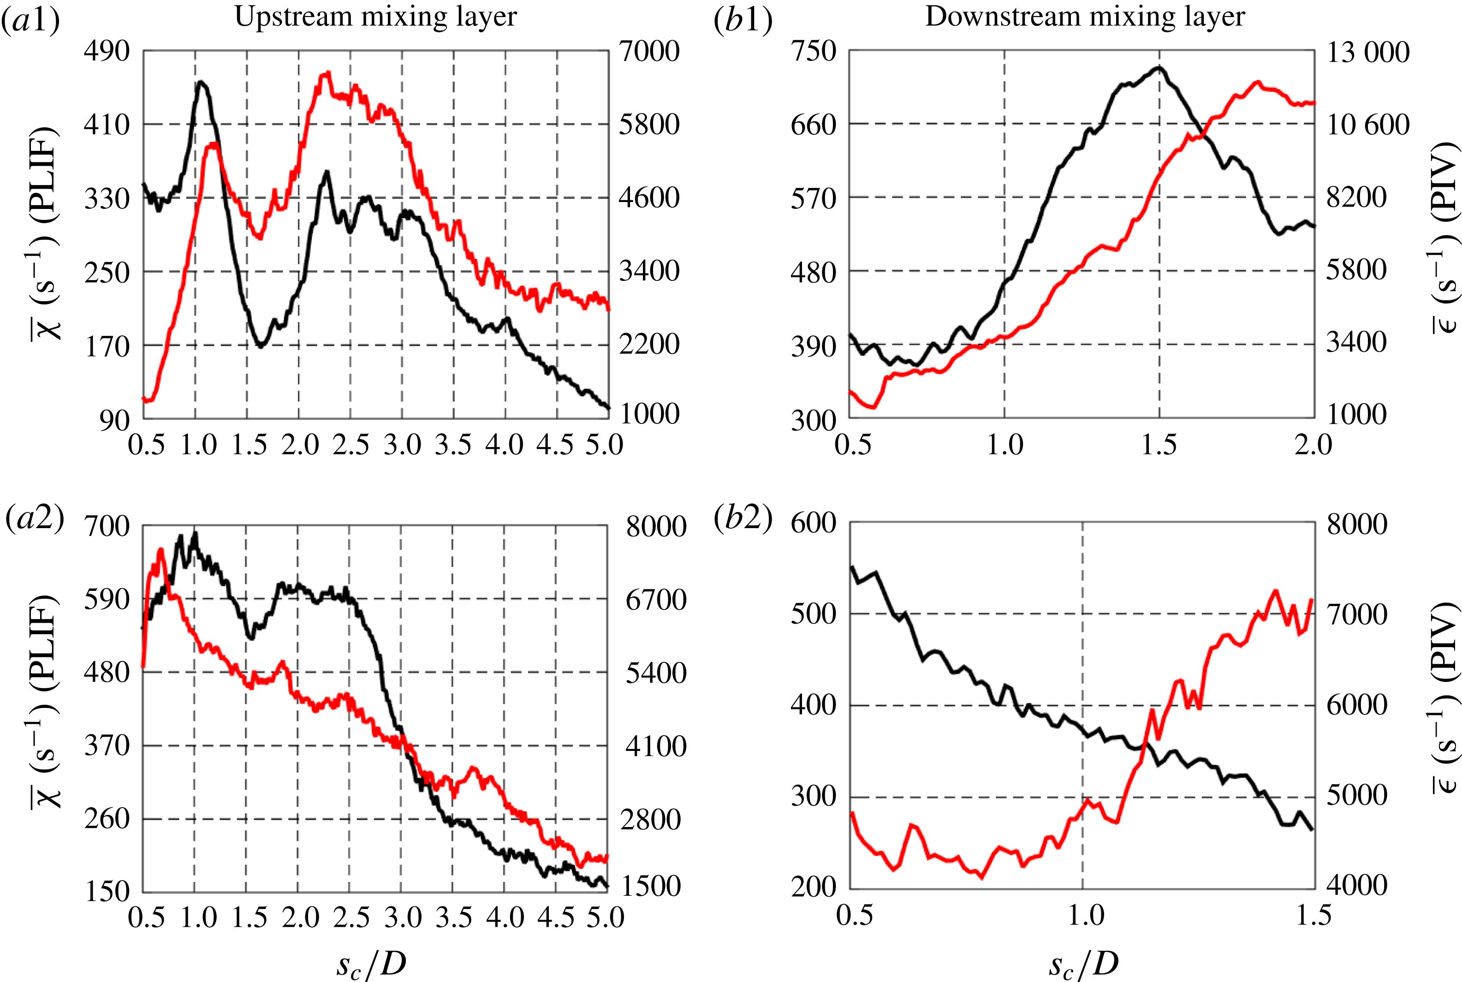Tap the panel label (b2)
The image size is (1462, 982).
pyautogui.click(x=743, y=519)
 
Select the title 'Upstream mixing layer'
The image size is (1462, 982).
pyautogui.click(x=376, y=18)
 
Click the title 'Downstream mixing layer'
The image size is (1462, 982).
pyautogui.click(x=1085, y=18)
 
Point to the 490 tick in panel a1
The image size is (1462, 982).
pyautogui.click(x=107, y=51)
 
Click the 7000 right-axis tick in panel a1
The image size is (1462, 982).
pyautogui.click(x=649, y=51)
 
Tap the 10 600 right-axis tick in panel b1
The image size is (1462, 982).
pyautogui.click(x=1368, y=125)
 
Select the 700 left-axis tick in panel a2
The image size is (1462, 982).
pyautogui.click(x=107, y=526)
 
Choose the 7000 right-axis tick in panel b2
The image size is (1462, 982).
pyautogui.click(x=1357, y=614)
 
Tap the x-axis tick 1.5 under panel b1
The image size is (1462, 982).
pyautogui.click(x=1159, y=445)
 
